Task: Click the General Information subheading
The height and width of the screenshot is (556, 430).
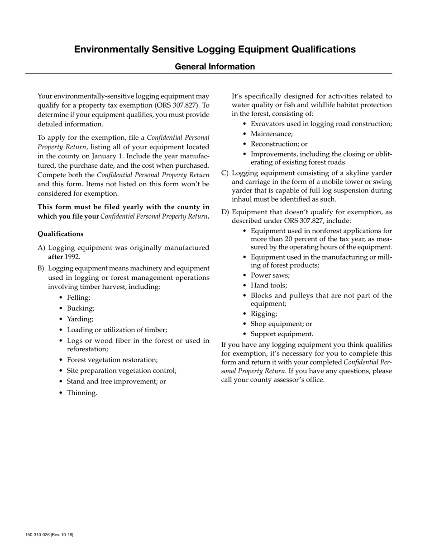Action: click(x=215, y=66)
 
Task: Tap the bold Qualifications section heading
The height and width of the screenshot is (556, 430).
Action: click(x=60, y=234)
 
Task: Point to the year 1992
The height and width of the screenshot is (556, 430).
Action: click(x=72, y=257)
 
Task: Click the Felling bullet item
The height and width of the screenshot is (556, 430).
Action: click(x=79, y=297)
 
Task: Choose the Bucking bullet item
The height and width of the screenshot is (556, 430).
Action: click(x=81, y=308)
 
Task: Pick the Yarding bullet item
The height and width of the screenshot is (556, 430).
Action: click(x=80, y=319)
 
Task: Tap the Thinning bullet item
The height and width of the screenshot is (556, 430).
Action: click(x=82, y=392)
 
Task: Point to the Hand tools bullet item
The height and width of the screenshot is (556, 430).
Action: click(x=269, y=285)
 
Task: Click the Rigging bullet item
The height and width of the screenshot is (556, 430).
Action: click(x=264, y=314)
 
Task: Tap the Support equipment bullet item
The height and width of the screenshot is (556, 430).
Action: click(x=282, y=334)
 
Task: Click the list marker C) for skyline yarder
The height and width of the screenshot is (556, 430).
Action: click(x=225, y=173)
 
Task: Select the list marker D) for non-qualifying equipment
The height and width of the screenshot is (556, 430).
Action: click(x=225, y=212)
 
